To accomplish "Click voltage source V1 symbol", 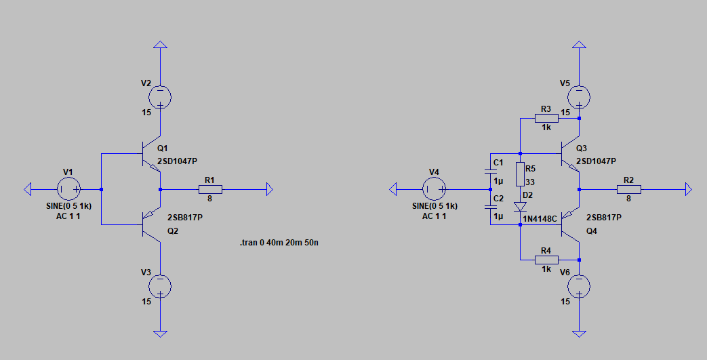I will (69, 188).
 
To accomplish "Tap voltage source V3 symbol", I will (160, 286).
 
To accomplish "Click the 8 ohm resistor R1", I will (210, 189).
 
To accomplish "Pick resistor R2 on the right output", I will (628, 189).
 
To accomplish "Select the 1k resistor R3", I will (546, 118).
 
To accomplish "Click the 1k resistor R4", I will (546, 260).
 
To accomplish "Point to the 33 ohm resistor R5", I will (520, 175).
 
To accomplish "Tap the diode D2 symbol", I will (520, 206).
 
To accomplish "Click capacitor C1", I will (489, 172).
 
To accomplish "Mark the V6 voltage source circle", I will (578, 286).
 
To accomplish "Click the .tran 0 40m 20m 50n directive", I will (279, 242).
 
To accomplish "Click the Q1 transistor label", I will (161, 148).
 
